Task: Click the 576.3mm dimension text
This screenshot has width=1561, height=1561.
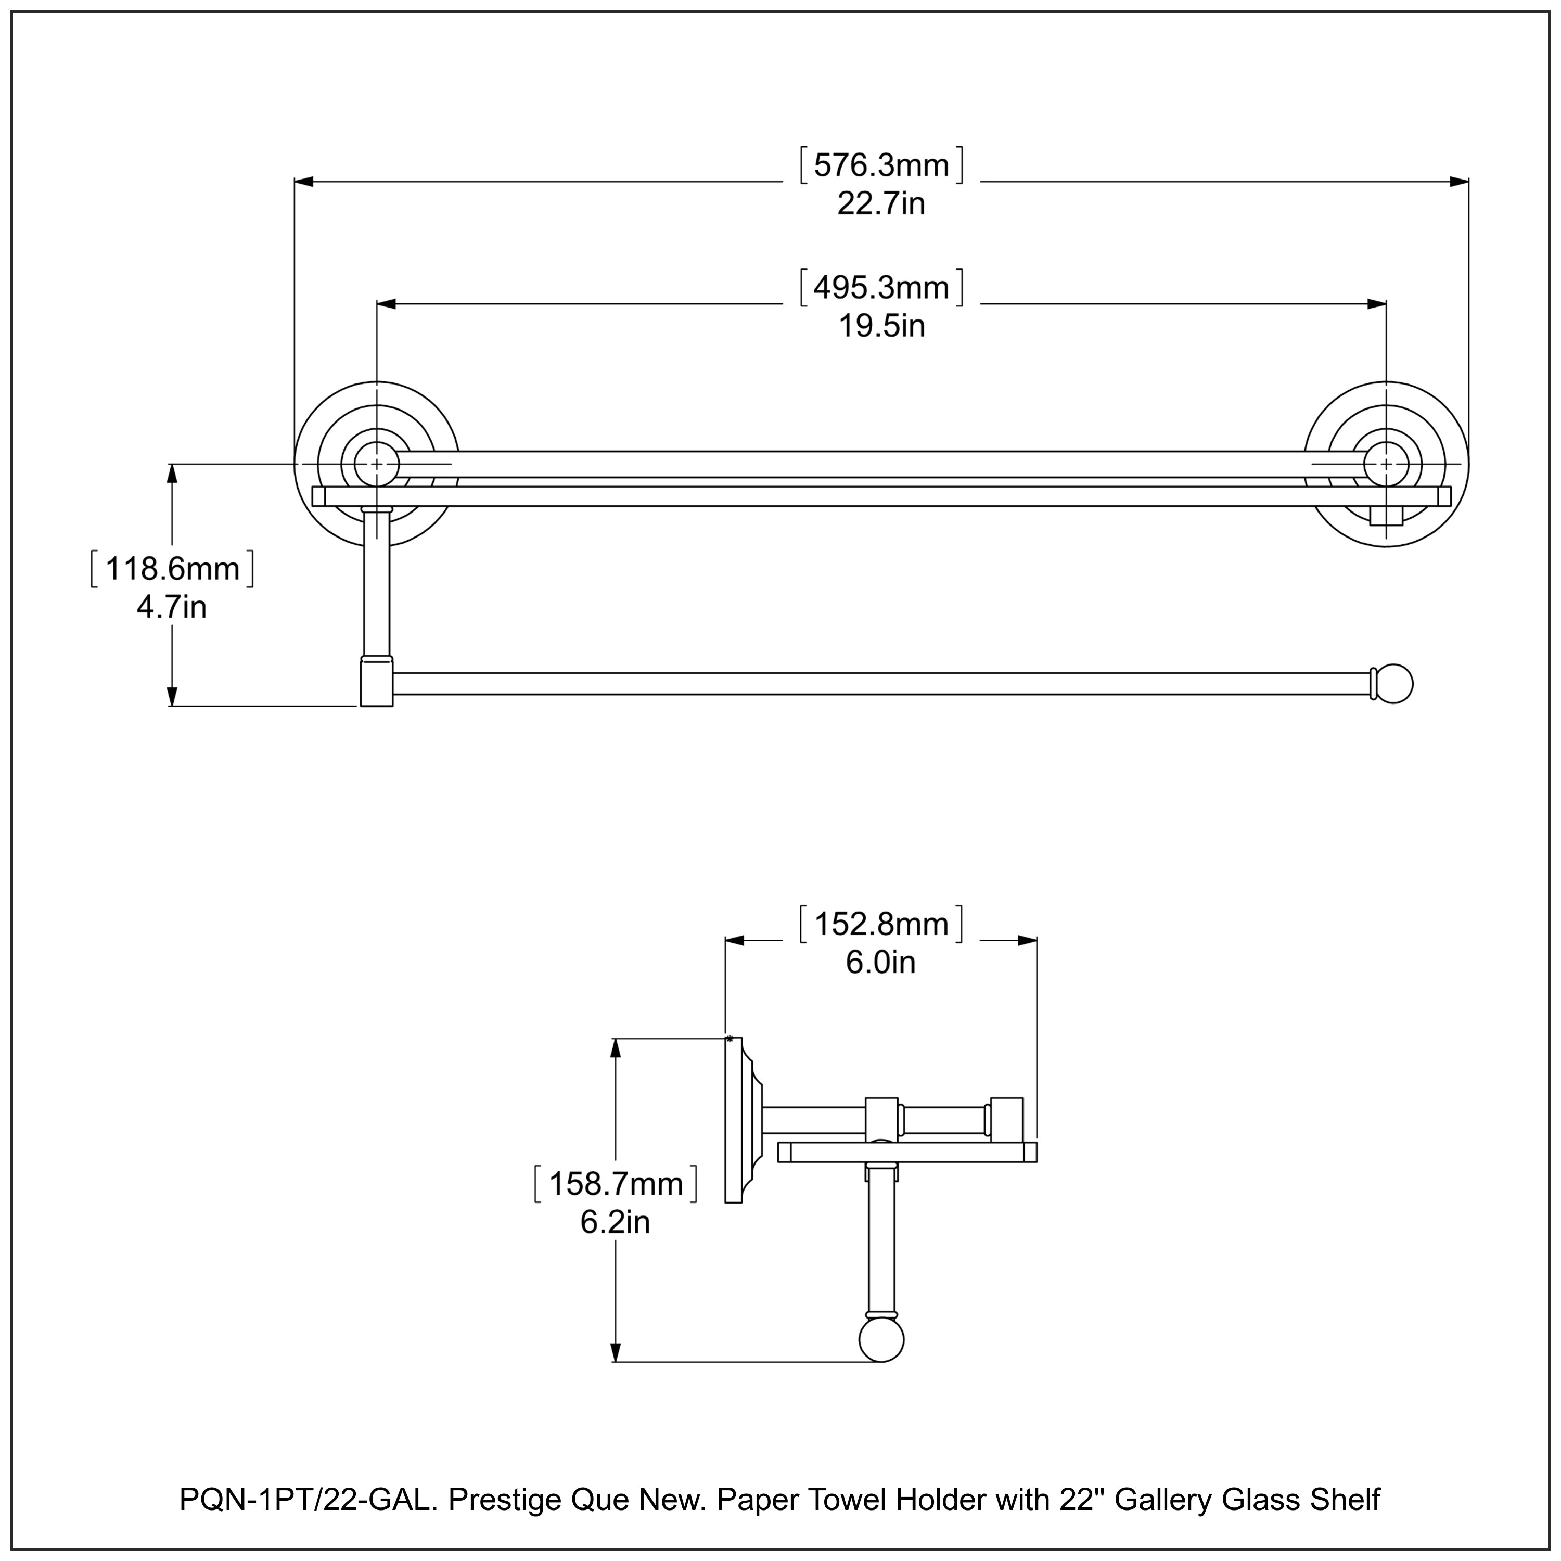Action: click(x=881, y=165)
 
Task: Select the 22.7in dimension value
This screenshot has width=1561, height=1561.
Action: click(x=881, y=203)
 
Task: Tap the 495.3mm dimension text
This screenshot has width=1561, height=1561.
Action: click(x=881, y=288)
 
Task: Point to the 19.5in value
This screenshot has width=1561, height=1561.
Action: click(x=881, y=326)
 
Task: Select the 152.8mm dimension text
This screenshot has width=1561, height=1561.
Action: click(x=881, y=924)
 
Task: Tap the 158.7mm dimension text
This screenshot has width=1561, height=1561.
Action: click(x=616, y=1184)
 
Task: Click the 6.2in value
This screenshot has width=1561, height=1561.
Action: click(x=615, y=1222)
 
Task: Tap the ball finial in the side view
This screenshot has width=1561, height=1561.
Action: click(x=881, y=1340)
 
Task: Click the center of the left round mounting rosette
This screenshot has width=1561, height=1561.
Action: click(x=377, y=464)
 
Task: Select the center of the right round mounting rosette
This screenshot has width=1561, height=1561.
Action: click(x=1387, y=464)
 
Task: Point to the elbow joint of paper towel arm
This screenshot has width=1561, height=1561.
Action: click(x=377, y=683)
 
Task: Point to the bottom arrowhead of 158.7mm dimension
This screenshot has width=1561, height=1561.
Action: click(x=616, y=1352)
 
